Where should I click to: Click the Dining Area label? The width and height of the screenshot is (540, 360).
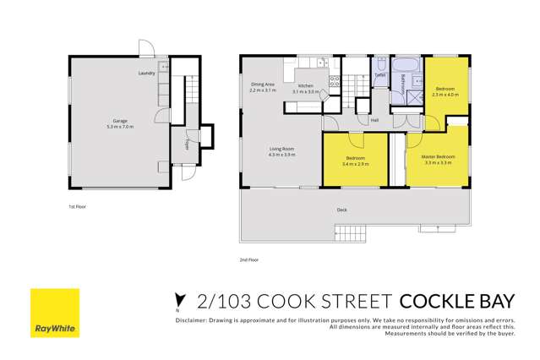tap(263, 84)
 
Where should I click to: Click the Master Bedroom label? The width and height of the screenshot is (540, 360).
tap(439, 155)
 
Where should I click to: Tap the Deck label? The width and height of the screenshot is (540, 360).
tap(341, 209)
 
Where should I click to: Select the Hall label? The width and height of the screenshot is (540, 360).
tap(374, 120)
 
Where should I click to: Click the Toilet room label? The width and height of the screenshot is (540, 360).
tap(379, 75)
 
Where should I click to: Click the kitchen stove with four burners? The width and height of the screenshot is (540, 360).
tap(334, 82)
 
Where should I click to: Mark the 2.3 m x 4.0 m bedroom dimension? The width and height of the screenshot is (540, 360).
tap(445, 95)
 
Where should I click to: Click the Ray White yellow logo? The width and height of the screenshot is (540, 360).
tap(54, 314)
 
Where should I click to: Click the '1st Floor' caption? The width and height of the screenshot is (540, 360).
tap(78, 205)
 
